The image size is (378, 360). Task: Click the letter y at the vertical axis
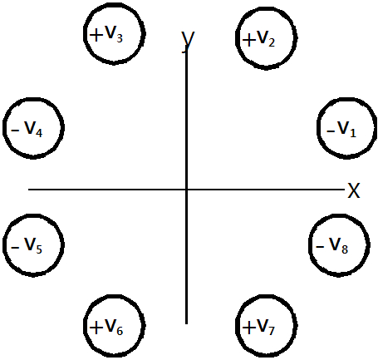[188, 41]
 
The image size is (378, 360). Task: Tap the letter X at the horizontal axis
[354, 190]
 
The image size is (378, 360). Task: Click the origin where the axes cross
[186, 190]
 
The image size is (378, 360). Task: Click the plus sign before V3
[96, 36]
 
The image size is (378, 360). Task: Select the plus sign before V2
[249, 40]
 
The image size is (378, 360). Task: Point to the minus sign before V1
[331, 131]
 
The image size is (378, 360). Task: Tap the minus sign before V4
[15, 130]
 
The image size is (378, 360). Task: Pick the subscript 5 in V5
[39, 249]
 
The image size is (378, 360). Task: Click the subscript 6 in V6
[120, 330]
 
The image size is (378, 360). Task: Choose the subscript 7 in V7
[272, 330]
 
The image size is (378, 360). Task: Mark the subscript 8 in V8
[345, 249]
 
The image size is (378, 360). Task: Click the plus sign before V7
[249, 328]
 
